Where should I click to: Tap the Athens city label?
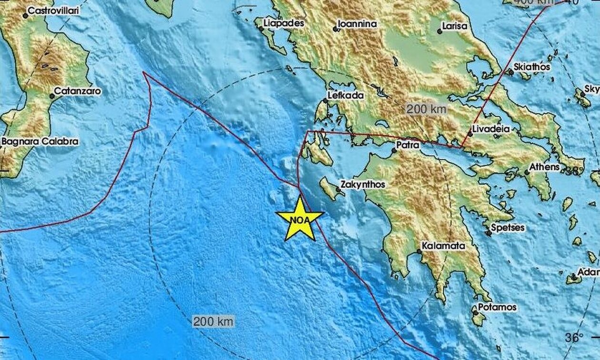(x=546, y=167)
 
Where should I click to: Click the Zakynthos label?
(x=363, y=184)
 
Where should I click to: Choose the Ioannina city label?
(x=357, y=24)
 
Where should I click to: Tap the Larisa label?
(x=454, y=27)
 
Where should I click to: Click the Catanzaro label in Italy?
(x=77, y=90)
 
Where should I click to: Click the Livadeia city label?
(x=490, y=129)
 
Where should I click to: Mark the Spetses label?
(x=508, y=228)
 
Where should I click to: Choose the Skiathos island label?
(x=532, y=67)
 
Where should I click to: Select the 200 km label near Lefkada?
(x=426, y=109)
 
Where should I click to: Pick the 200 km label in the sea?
(x=214, y=321)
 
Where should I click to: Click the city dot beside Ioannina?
(x=336, y=29)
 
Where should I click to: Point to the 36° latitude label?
(x=575, y=338)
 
